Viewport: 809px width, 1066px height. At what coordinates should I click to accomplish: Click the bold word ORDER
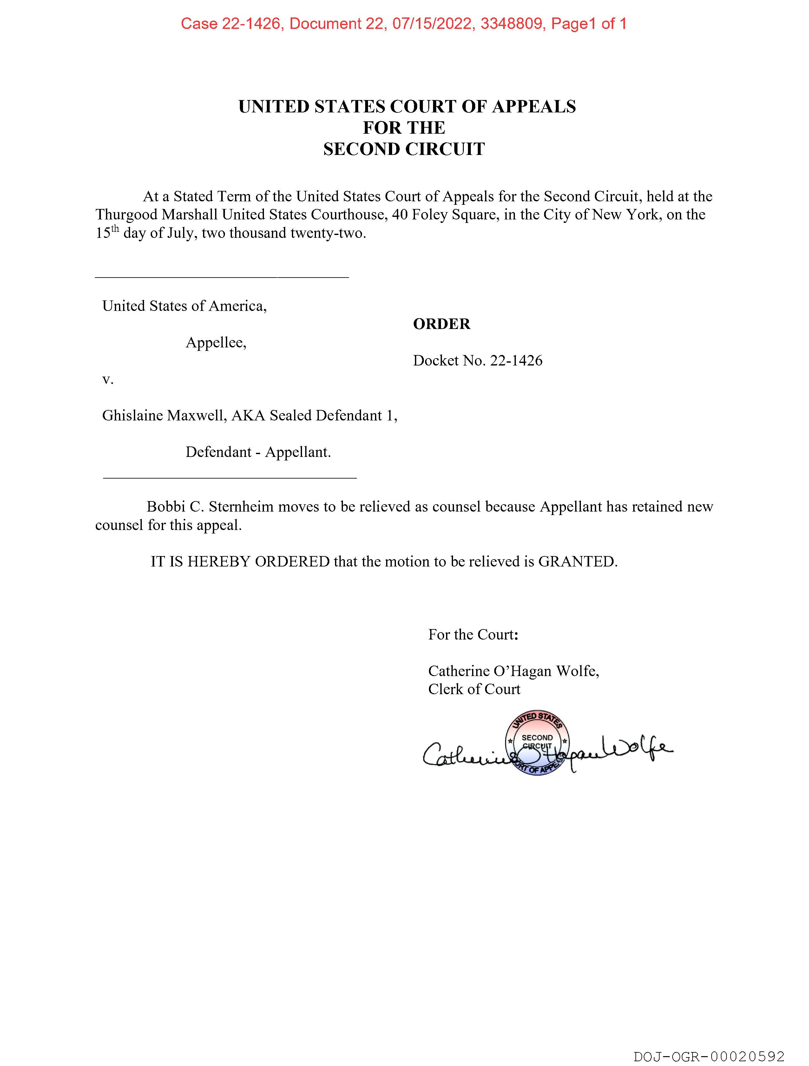click(441, 324)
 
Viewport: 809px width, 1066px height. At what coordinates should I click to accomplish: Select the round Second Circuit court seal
click(537, 745)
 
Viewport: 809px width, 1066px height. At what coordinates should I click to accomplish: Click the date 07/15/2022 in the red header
click(432, 23)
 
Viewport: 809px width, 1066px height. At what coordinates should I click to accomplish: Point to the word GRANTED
click(577, 561)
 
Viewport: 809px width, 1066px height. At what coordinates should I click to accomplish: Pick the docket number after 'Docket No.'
click(516, 360)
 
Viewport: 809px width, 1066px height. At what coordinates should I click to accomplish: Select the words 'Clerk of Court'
click(474, 689)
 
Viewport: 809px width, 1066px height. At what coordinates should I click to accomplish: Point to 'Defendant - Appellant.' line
click(258, 452)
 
